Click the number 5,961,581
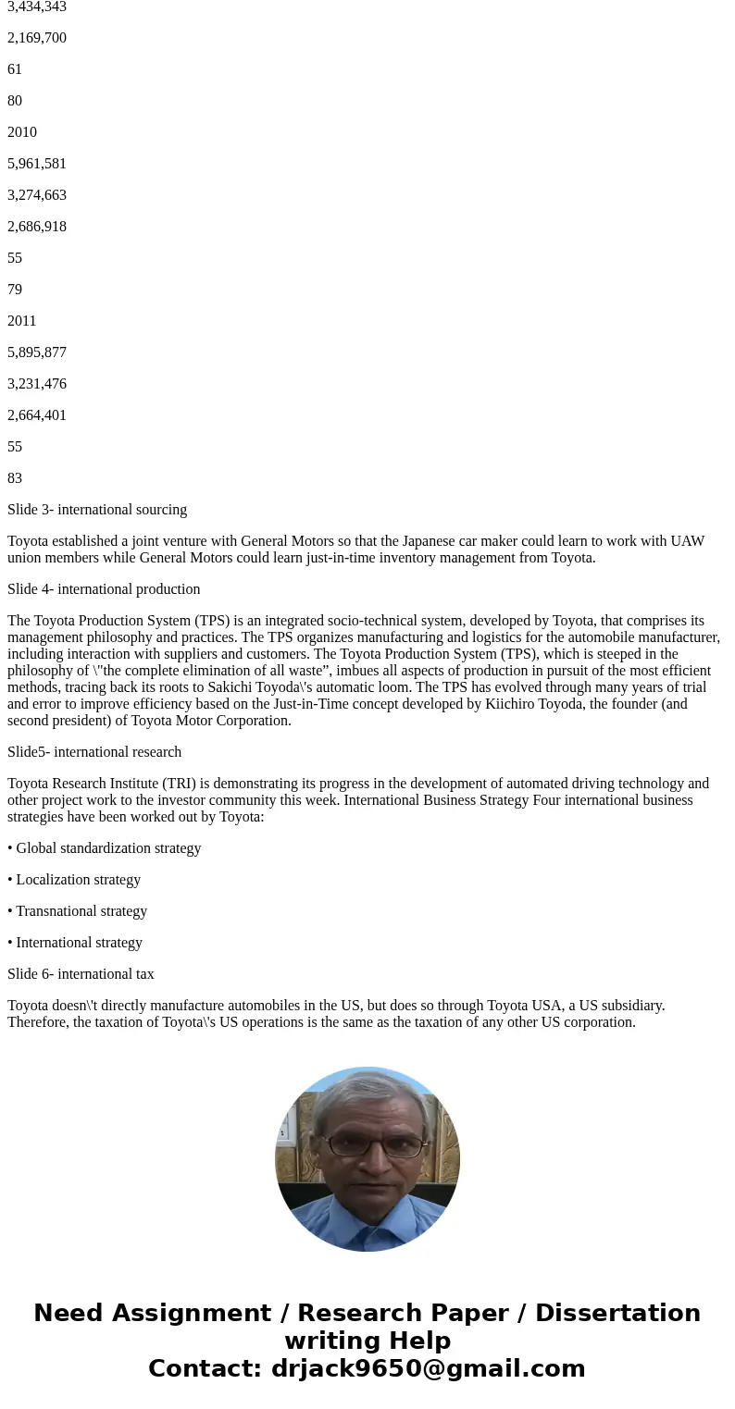37,164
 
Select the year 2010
22,132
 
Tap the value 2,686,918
37,227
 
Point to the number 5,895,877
37,352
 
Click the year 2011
22,321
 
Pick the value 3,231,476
37,384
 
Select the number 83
15,478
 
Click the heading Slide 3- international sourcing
97,510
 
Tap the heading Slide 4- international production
104,589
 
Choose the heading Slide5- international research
94,752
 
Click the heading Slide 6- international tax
81,974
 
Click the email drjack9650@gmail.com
428,1368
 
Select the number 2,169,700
37,38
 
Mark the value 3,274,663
37,195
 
